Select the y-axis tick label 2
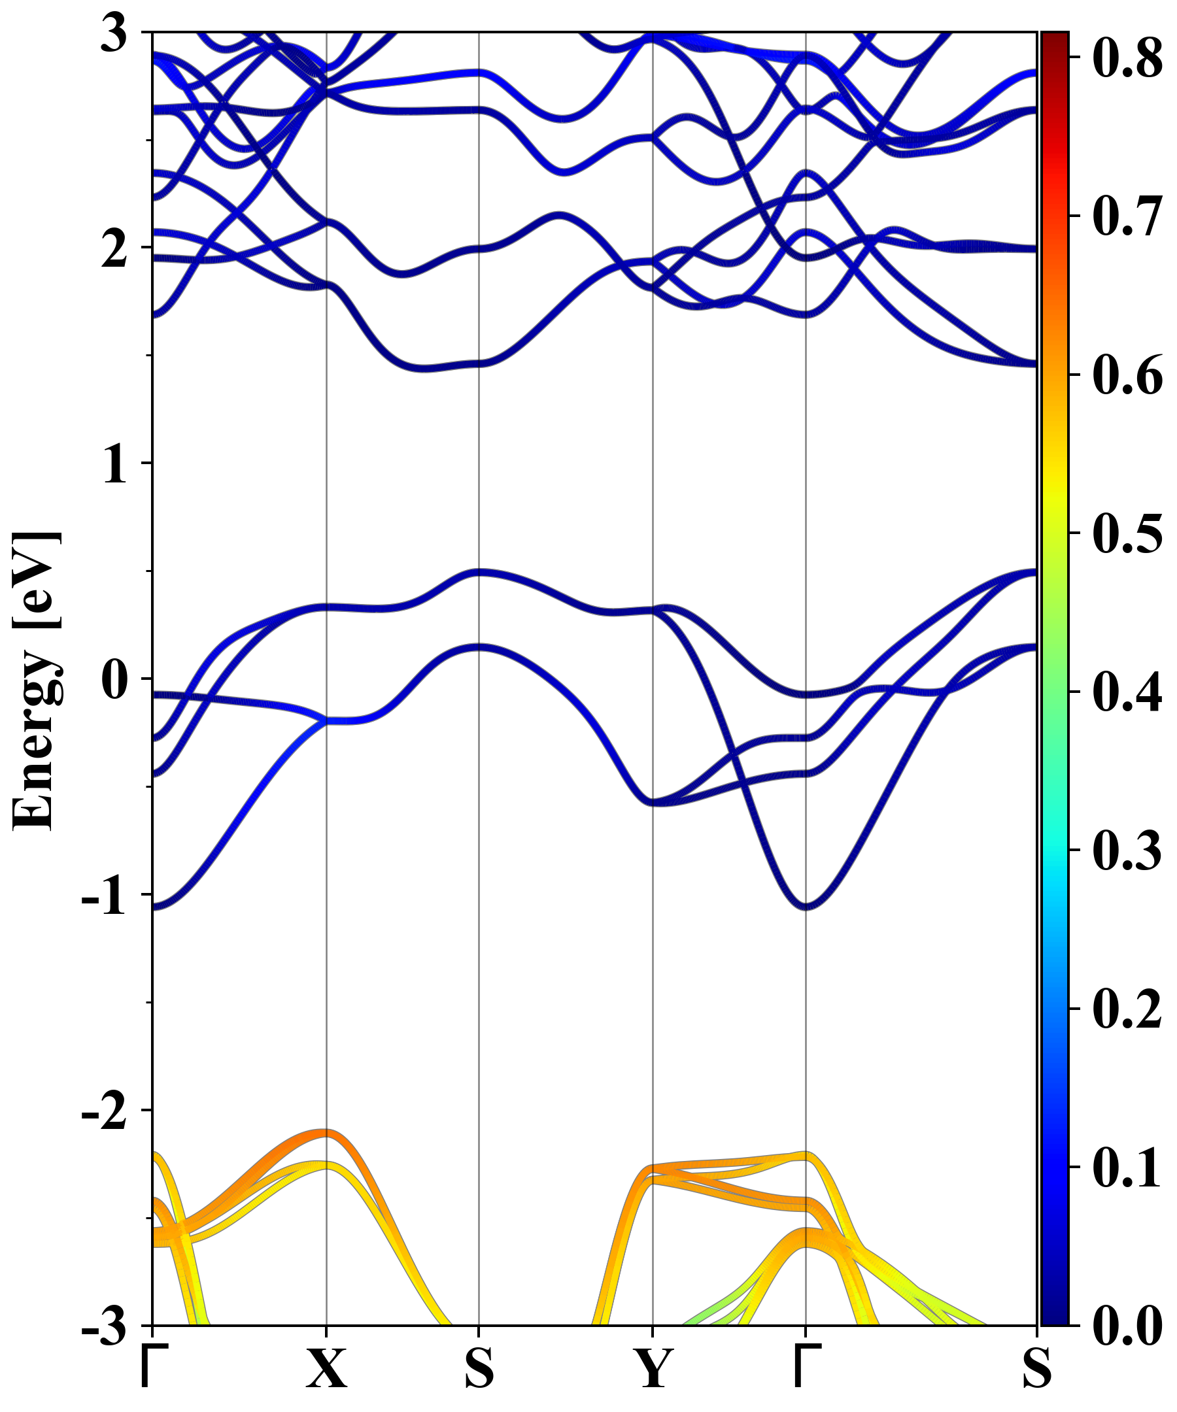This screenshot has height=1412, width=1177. (114, 250)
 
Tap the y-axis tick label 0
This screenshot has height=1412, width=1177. (114, 681)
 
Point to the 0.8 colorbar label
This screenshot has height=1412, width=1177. (1127, 58)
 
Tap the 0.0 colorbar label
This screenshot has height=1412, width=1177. (1127, 1326)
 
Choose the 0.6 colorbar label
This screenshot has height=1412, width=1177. (1127, 375)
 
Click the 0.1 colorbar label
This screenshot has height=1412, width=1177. (1127, 1168)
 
